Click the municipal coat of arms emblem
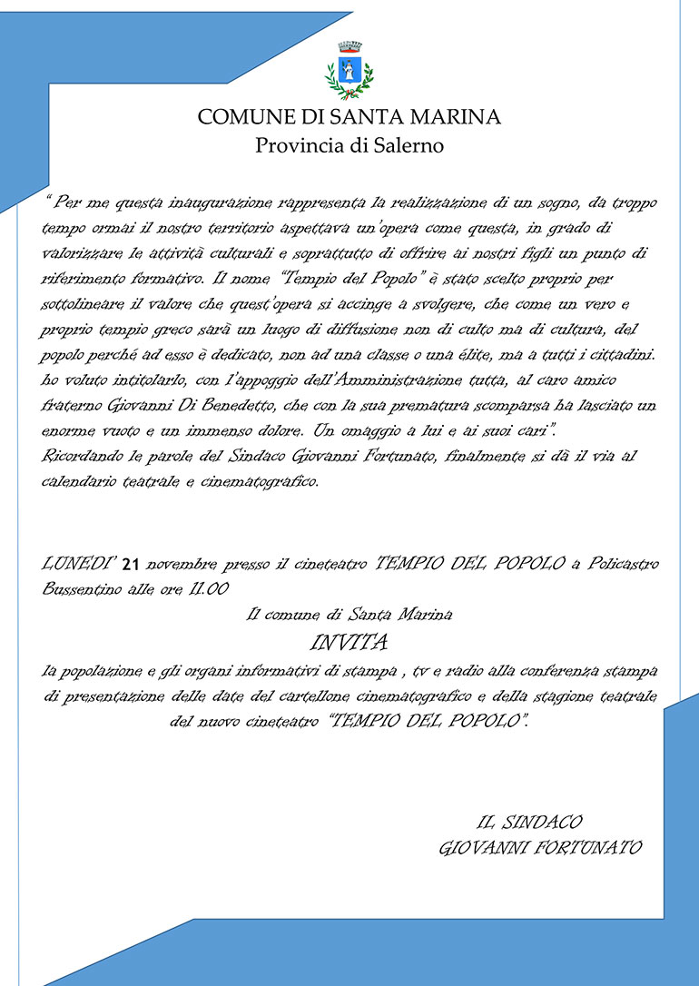pos(349,70)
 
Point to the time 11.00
pos(208,589)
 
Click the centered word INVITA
pos(349,644)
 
